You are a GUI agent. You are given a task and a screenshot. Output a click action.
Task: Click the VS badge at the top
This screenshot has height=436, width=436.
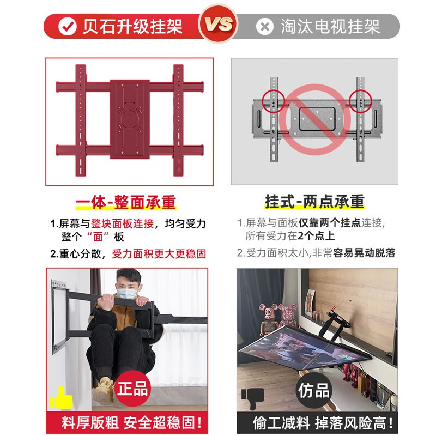click(218, 25)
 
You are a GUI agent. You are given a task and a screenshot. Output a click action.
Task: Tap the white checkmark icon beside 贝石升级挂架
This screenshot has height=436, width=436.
click(66, 26)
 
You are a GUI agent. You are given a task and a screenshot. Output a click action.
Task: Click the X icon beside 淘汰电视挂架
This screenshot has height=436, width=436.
click(265, 26)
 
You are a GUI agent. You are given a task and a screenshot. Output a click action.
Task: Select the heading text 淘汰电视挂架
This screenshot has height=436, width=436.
click(330, 26)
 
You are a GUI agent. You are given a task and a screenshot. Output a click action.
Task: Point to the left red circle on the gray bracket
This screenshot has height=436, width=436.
click(274, 101)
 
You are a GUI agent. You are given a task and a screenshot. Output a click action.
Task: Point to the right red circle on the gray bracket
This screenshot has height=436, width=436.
click(360, 101)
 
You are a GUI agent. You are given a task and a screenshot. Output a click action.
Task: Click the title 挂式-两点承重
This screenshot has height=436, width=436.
click(314, 202)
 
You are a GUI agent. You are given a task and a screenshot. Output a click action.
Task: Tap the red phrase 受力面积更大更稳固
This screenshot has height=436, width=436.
click(159, 253)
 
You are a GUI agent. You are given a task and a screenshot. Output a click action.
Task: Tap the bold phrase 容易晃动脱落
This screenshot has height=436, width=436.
click(364, 253)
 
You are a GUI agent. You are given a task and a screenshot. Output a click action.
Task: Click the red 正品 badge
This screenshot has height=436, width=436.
click(133, 388)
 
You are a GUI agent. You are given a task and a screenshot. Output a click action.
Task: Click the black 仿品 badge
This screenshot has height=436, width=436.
click(314, 390)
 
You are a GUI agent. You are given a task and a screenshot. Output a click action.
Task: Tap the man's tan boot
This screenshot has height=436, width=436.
click(104, 389)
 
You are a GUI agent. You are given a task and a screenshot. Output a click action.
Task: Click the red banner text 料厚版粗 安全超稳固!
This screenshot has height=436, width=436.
click(131, 423)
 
